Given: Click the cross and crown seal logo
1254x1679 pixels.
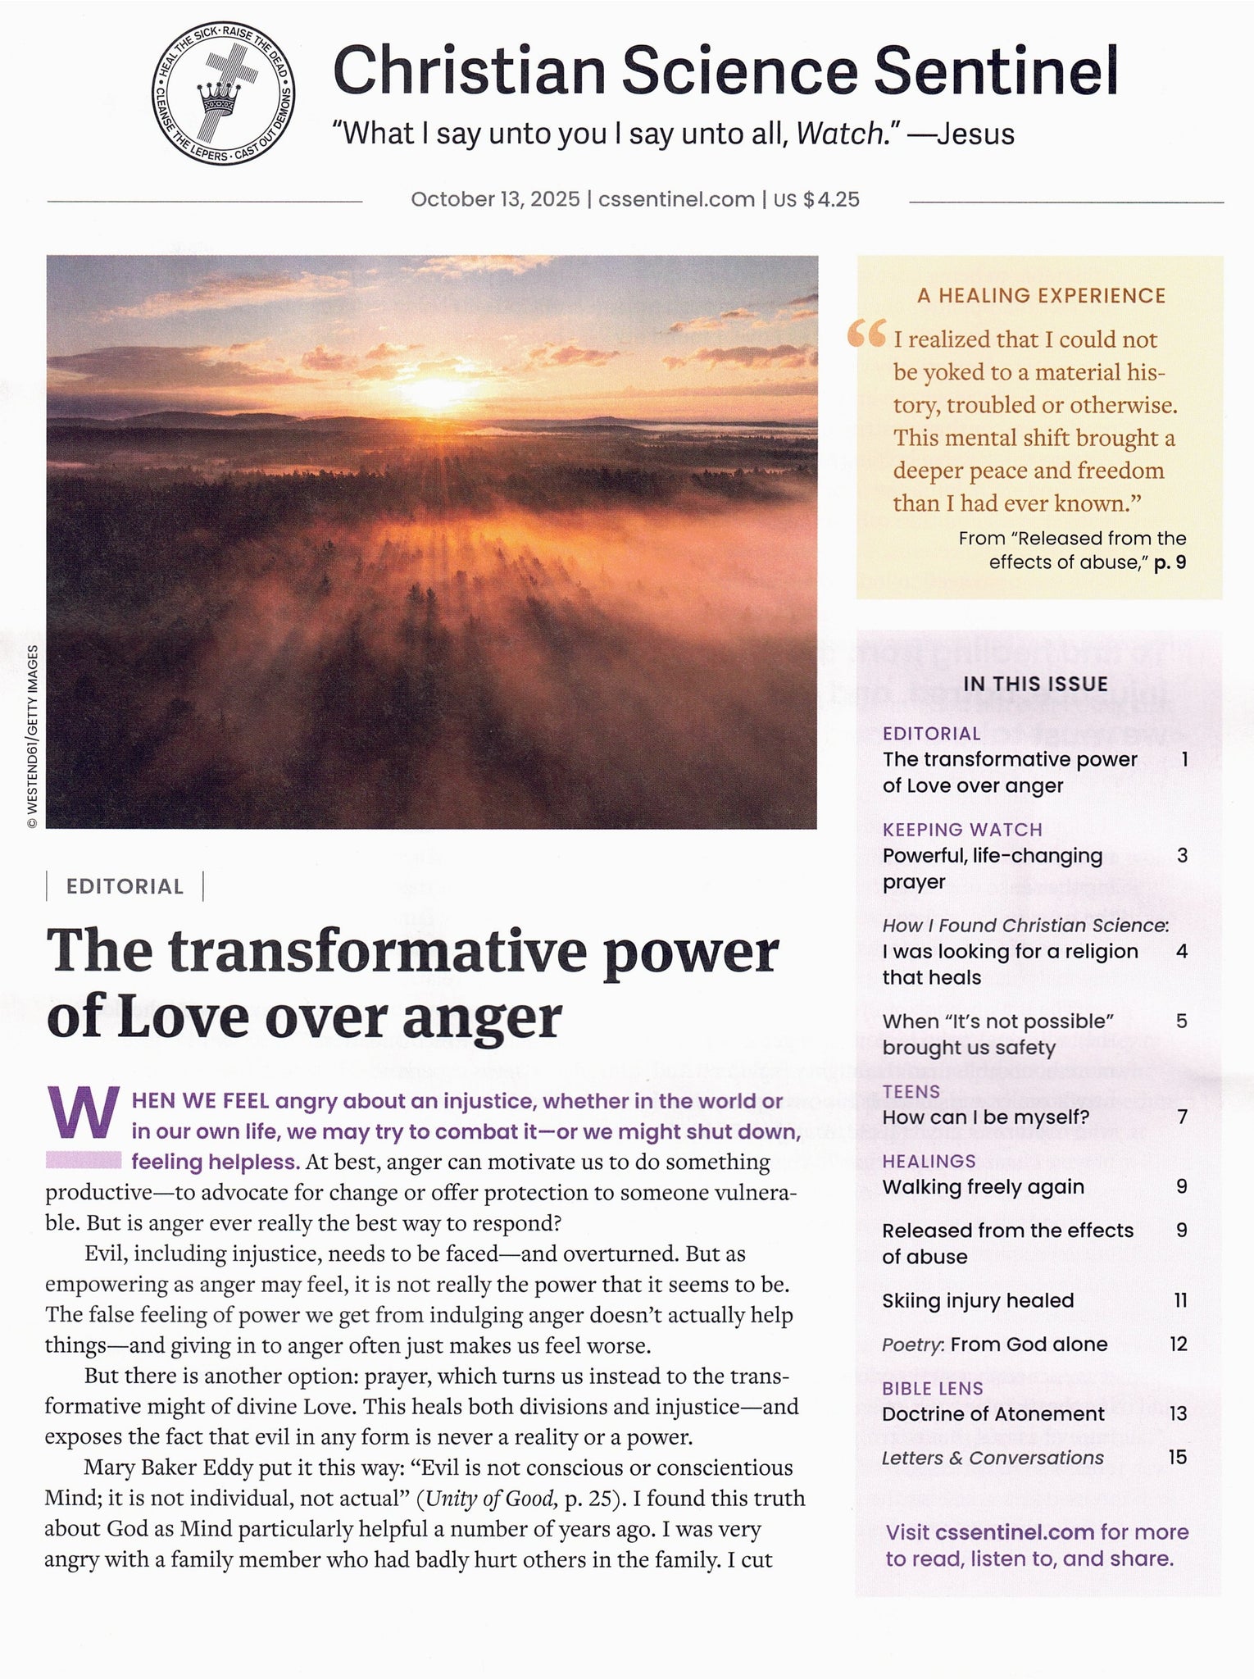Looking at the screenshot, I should click(223, 93).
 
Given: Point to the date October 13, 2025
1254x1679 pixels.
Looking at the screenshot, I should click(495, 199).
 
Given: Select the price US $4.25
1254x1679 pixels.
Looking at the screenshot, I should click(816, 199).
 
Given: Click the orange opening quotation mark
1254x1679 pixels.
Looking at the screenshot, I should click(866, 334).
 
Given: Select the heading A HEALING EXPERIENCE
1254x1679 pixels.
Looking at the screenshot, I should click(1041, 296).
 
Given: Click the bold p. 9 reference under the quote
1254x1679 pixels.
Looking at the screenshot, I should click(1170, 562).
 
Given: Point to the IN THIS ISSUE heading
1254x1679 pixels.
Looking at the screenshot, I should click(1036, 684).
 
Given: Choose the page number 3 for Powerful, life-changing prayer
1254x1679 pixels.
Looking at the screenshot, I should click(1182, 855).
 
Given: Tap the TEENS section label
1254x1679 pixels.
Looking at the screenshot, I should click(911, 1091).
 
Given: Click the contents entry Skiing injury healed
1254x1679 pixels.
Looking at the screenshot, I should click(978, 1300).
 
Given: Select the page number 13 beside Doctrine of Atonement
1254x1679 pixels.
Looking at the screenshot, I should click(1178, 1413).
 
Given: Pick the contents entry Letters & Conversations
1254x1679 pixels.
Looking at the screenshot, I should click(993, 1458).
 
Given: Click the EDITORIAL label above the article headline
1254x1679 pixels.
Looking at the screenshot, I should click(125, 886).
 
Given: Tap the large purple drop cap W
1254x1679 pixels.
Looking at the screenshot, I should click(83, 1113).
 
